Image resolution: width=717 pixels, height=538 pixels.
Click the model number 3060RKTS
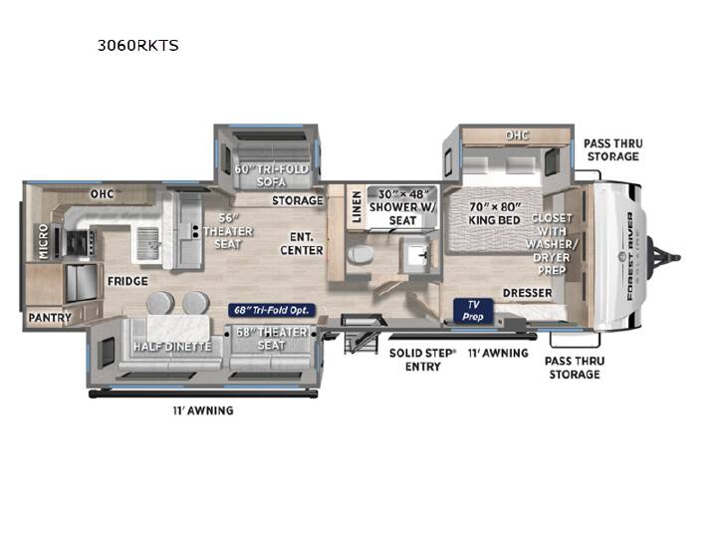click(x=137, y=45)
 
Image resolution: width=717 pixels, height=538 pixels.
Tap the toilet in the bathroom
click(x=359, y=255)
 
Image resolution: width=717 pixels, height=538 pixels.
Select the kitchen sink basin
click(x=147, y=242)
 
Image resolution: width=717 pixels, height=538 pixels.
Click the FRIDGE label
click(x=127, y=281)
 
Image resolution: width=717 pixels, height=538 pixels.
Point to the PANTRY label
click(x=50, y=318)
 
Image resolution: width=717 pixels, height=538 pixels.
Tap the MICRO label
click(x=44, y=241)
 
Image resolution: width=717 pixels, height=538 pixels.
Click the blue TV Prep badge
click(x=473, y=311)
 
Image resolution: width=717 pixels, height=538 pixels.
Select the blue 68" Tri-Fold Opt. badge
click(x=272, y=310)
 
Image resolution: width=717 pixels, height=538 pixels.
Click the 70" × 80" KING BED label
click(x=494, y=213)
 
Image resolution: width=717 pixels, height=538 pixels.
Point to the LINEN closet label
click(x=357, y=207)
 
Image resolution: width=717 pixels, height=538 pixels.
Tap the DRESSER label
click(x=527, y=293)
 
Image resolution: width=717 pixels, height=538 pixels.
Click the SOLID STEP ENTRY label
click(x=423, y=360)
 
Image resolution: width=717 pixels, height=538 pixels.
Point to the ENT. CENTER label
click(x=302, y=243)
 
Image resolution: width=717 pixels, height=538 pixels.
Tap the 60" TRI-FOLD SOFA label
click(x=271, y=175)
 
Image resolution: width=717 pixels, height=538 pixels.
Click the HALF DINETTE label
click(x=172, y=347)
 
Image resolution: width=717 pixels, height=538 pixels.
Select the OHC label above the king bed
click(x=517, y=134)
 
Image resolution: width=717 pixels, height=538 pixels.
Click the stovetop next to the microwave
click(x=80, y=242)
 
